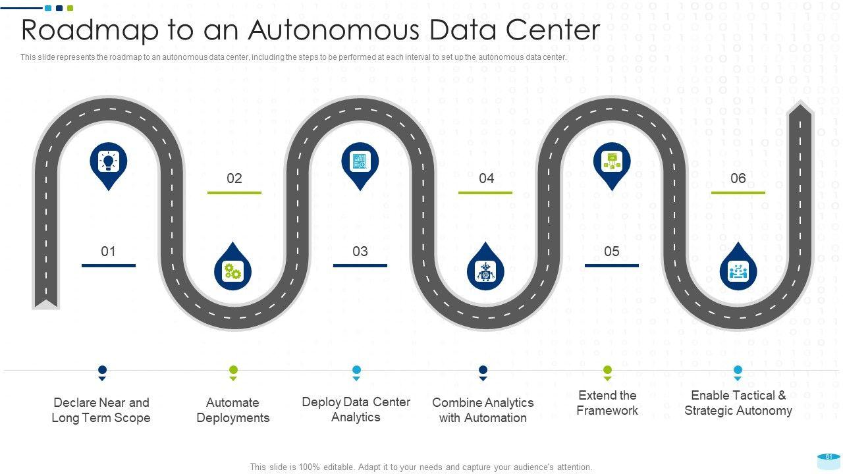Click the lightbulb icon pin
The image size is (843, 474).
109,161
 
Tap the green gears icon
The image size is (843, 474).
232,271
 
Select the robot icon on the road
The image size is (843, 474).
485,271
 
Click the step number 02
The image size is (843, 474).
234,178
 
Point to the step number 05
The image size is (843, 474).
612,251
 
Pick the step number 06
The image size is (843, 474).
738,178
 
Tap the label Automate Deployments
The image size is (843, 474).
233,410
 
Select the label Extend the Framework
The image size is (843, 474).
607,403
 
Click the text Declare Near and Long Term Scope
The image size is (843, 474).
101,410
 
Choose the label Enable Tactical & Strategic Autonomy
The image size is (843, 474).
738,403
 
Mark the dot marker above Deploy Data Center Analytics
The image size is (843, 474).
356,371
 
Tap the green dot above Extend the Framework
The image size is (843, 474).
607,371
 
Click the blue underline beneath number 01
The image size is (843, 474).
109,265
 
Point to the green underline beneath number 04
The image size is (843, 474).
485,193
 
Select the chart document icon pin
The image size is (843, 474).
360,161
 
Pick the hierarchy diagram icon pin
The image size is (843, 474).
612,161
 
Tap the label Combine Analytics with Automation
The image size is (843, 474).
483,410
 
